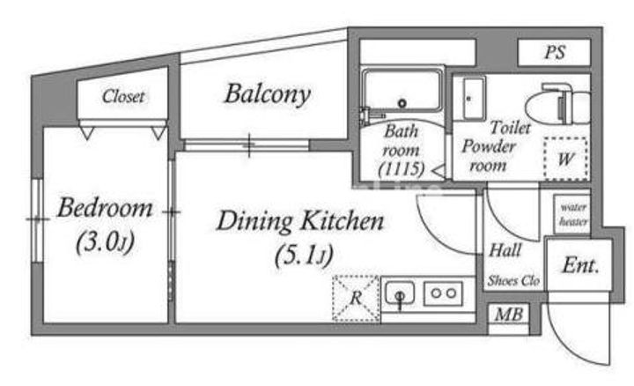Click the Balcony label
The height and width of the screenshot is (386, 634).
pyautogui.click(x=268, y=94)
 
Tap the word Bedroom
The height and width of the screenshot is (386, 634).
pyautogui.click(x=105, y=208)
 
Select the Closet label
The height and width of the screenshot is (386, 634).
pyautogui.click(x=123, y=96)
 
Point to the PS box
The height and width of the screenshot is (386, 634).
pyautogui.click(x=555, y=52)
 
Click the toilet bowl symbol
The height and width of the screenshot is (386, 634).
pyautogui.click(x=558, y=104)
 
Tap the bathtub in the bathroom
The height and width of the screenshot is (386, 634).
pyautogui.click(x=402, y=90)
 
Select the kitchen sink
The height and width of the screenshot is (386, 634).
pyautogui.click(x=400, y=293)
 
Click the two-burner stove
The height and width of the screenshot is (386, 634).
pyautogui.click(x=443, y=293)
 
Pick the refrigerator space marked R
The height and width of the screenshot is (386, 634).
pyautogui.click(x=356, y=298)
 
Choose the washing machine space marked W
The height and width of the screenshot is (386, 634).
pyautogui.click(x=565, y=159)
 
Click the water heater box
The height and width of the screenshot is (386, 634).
pyautogui.click(x=572, y=214)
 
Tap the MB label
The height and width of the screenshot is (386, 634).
pyautogui.click(x=509, y=315)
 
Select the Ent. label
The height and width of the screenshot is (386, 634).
pyautogui.click(x=580, y=266)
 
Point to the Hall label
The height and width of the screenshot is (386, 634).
pyautogui.click(x=505, y=250)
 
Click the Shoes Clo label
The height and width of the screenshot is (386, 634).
pyautogui.click(x=513, y=280)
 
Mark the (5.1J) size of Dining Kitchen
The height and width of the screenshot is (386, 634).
pyautogui.click(x=304, y=256)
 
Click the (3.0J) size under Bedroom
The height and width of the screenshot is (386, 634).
pyautogui.click(x=106, y=242)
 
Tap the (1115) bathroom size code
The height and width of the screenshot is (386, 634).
pyautogui.click(x=402, y=169)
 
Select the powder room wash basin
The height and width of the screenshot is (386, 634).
pyautogui.click(x=474, y=98)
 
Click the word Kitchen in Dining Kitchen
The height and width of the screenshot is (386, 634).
pyautogui.click(x=343, y=221)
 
